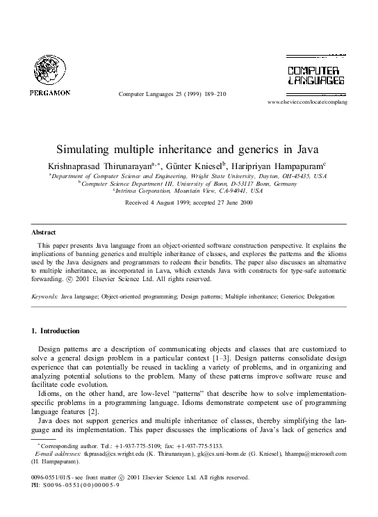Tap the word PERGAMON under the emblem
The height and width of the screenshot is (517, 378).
(x=49, y=92)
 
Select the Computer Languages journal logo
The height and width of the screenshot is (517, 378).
(x=315, y=73)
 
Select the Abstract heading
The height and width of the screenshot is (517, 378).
(x=44, y=232)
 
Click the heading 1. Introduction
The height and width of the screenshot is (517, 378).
(x=56, y=331)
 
